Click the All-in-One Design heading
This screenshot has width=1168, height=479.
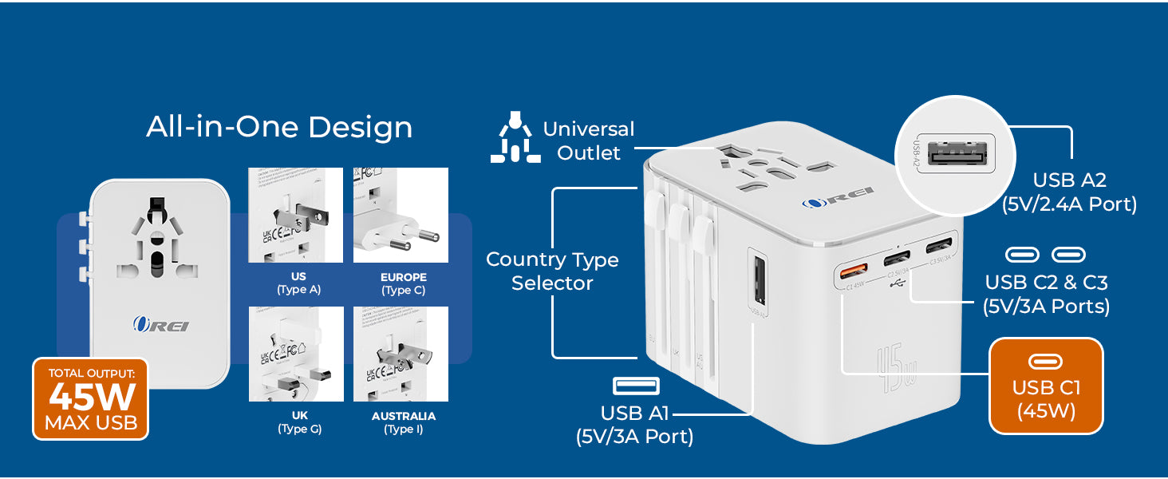tap(279, 128)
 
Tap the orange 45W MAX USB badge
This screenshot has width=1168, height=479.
tap(90, 398)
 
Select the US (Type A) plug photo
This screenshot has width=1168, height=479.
tap(295, 216)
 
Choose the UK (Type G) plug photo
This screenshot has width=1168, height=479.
tap(296, 354)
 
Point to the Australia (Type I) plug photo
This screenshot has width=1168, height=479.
tap(401, 354)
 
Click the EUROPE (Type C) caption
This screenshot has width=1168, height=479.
tap(403, 283)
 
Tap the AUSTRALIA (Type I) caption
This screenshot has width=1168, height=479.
tap(403, 422)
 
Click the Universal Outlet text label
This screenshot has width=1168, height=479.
tap(589, 141)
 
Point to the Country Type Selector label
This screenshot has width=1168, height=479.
tap(552, 271)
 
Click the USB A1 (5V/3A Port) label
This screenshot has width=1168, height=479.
tap(634, 425)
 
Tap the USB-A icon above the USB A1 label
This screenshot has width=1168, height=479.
tap(636, 386)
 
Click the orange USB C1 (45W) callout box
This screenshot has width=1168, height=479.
tap(1046, 386)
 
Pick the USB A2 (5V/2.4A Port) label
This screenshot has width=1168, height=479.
tap(1069, 192)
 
